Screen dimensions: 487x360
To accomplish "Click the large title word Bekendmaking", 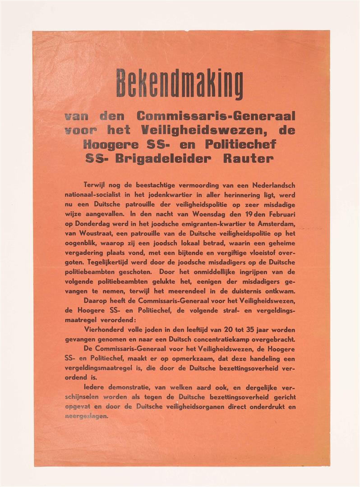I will (180, 83).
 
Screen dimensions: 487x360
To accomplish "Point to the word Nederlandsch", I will (269, 185).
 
